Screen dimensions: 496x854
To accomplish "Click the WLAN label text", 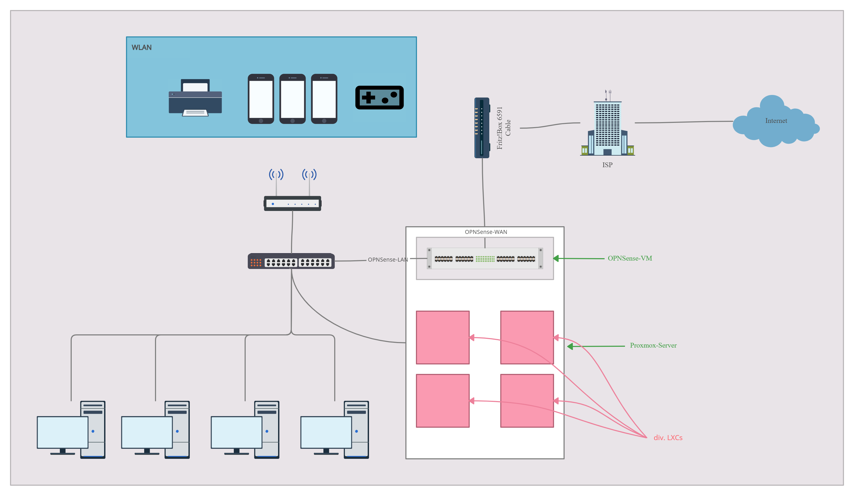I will coord(141,47).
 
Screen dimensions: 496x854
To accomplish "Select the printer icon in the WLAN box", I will coord(195,98).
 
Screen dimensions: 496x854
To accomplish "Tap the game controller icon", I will coord(379,98).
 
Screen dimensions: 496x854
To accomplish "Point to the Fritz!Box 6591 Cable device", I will coord(482,128).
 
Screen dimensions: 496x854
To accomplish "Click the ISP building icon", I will coord(607,127).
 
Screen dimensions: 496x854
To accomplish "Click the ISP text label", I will coord(607,165).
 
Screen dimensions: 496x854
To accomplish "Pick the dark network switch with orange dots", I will coord(291,261).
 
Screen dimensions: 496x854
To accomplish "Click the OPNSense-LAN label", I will coord(388,260).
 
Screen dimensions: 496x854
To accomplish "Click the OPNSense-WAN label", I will coord(486,232).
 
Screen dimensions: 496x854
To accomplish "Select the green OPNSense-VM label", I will coord(630,258).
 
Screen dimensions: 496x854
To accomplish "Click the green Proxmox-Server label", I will coord(653,345).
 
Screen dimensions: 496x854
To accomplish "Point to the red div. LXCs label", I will coord(668,438).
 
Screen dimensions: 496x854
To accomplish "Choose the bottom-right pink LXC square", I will coord(527,401).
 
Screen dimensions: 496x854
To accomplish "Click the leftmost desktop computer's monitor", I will coord(63,432).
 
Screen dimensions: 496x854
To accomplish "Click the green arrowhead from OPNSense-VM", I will coord(556,259).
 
